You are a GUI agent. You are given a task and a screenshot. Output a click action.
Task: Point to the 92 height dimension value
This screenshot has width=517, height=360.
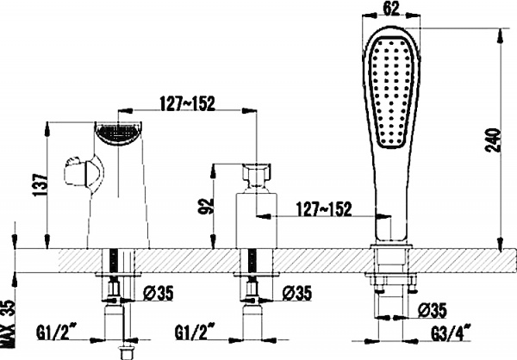tap(203, 208)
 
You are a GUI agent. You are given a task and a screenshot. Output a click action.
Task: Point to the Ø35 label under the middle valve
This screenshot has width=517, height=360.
tap(297, 294)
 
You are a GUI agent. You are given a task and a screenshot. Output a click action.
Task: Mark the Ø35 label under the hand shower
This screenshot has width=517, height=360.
tap(431, 309)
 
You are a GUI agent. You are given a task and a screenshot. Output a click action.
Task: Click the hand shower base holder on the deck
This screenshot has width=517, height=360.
tap(391, 256)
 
